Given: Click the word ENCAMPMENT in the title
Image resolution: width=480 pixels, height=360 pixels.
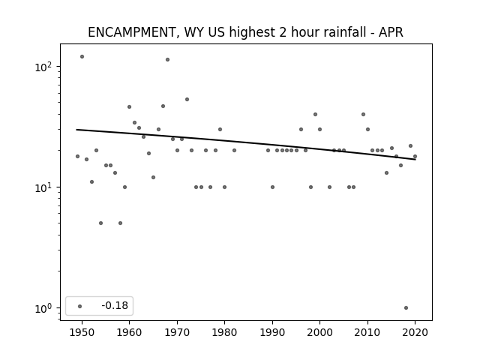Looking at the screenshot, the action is (131, 32).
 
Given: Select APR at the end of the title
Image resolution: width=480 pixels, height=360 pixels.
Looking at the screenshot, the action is (391, 32).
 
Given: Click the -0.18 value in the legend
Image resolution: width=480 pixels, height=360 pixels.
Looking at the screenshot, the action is (115, 305).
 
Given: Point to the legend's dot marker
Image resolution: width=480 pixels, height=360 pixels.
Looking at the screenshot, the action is (80, 306).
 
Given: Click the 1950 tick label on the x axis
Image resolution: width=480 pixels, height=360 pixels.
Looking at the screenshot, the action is (82, 332).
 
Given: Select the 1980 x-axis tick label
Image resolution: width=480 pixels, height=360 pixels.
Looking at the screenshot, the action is (224, 332).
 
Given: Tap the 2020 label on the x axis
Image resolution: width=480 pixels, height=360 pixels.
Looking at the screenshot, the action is (415, 332).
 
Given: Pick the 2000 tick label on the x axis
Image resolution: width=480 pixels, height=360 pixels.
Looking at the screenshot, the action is (319, 332).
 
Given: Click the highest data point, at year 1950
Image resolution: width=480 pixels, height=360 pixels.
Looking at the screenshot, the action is (82, 57).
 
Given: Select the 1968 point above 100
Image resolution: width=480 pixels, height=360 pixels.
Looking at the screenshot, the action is (167, 60).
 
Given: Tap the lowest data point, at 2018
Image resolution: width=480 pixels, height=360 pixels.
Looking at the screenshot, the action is (406, 308).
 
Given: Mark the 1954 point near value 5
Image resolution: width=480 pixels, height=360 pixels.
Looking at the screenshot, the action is (100, 223).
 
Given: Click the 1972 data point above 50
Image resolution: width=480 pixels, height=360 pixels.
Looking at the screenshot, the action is (187, 100).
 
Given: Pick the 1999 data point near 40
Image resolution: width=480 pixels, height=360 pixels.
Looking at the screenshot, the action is (315, 115).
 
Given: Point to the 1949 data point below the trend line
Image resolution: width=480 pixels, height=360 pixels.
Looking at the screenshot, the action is (77, 157).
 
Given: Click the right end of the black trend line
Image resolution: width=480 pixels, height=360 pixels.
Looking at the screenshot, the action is (415, 160).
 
